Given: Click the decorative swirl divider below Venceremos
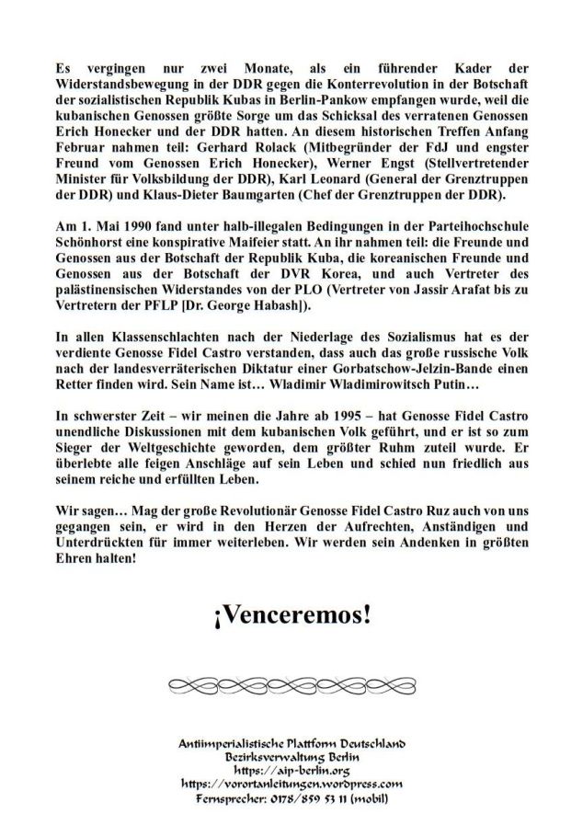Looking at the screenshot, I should coord(291,687).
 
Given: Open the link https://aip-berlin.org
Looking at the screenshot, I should coord(291,770).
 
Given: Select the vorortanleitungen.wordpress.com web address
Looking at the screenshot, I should coord(291,784).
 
